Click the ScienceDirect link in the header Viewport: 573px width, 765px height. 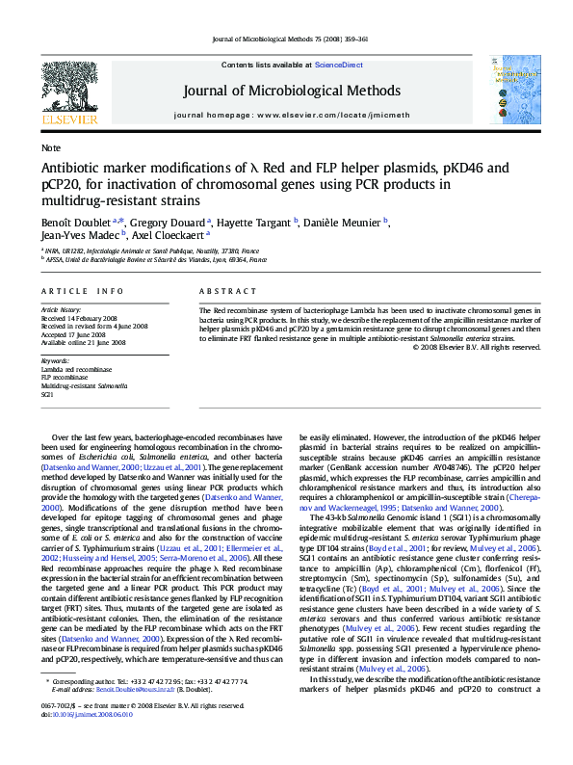coord(339,64)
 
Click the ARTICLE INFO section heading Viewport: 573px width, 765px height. coord(81,290)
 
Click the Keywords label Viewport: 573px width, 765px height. coord(57,360)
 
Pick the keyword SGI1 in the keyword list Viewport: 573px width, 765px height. coord(47,395)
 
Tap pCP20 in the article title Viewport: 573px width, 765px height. coord(62,184)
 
